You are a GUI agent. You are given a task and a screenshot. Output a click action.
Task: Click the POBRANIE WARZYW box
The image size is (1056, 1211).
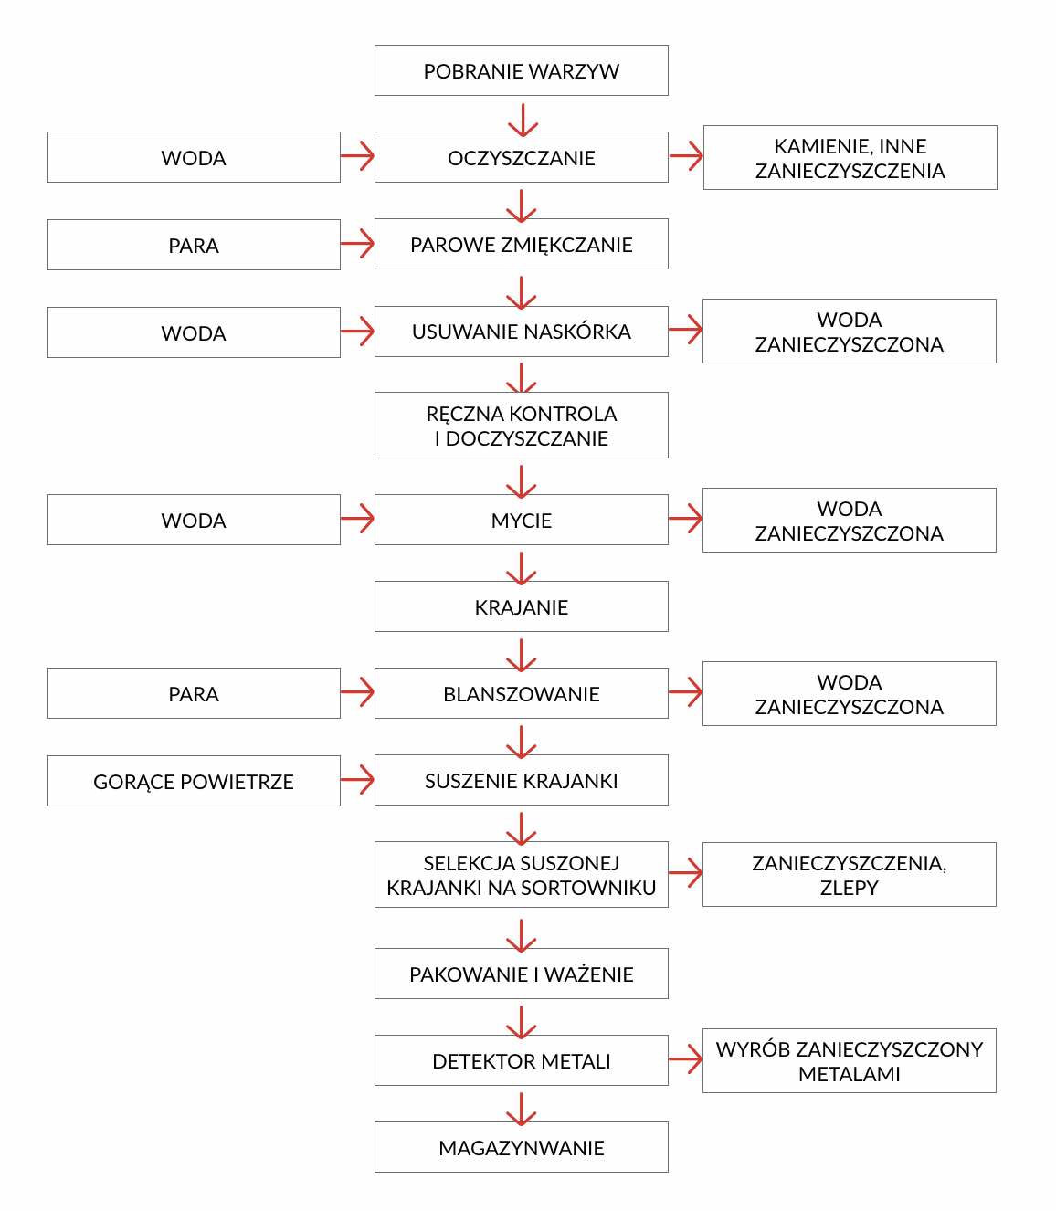coord(521,70)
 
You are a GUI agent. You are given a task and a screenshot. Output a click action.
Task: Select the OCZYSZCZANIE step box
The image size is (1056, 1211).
coord(521,157)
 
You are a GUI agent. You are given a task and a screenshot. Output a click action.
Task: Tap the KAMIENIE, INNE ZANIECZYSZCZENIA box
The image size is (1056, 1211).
coord(850,157)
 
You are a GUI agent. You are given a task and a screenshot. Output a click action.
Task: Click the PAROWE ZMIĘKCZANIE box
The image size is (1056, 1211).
coord(521,244)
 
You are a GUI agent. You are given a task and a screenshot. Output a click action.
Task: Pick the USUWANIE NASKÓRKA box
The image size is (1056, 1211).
coord(521,332)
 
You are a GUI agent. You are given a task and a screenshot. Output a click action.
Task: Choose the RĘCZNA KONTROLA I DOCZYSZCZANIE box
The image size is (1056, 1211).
coord(521,425)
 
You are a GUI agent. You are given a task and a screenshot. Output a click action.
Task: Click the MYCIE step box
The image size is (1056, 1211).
coord(521,520)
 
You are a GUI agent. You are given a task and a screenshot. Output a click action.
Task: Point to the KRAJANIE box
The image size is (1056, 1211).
coord(521,606)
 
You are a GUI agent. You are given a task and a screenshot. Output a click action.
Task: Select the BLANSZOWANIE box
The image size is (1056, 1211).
coord(521,693)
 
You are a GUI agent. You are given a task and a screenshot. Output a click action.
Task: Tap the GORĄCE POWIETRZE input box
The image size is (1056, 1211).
coord(194,781)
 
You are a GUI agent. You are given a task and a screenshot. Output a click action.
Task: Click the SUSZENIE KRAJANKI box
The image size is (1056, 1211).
coord(521,780)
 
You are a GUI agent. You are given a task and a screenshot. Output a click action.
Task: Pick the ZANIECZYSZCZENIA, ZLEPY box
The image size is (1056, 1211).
coord(850,874)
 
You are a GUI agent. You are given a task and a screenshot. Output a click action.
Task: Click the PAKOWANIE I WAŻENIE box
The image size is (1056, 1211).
coord(521,974)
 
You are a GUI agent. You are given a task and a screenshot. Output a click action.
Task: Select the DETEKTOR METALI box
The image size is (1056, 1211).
coord(521,1060)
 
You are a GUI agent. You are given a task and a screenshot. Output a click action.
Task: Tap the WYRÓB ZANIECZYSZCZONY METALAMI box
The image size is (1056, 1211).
coord(850,1060)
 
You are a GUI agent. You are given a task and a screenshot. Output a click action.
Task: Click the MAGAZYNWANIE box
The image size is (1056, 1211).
coord(521,1147)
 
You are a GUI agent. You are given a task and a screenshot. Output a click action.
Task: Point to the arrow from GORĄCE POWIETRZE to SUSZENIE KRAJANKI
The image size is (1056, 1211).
coord(357,780)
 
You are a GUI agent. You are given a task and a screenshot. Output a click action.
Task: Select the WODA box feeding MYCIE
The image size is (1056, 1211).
coord(194,520)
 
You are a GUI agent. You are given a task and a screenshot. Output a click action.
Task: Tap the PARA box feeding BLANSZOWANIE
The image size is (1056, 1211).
coord(194,693)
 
